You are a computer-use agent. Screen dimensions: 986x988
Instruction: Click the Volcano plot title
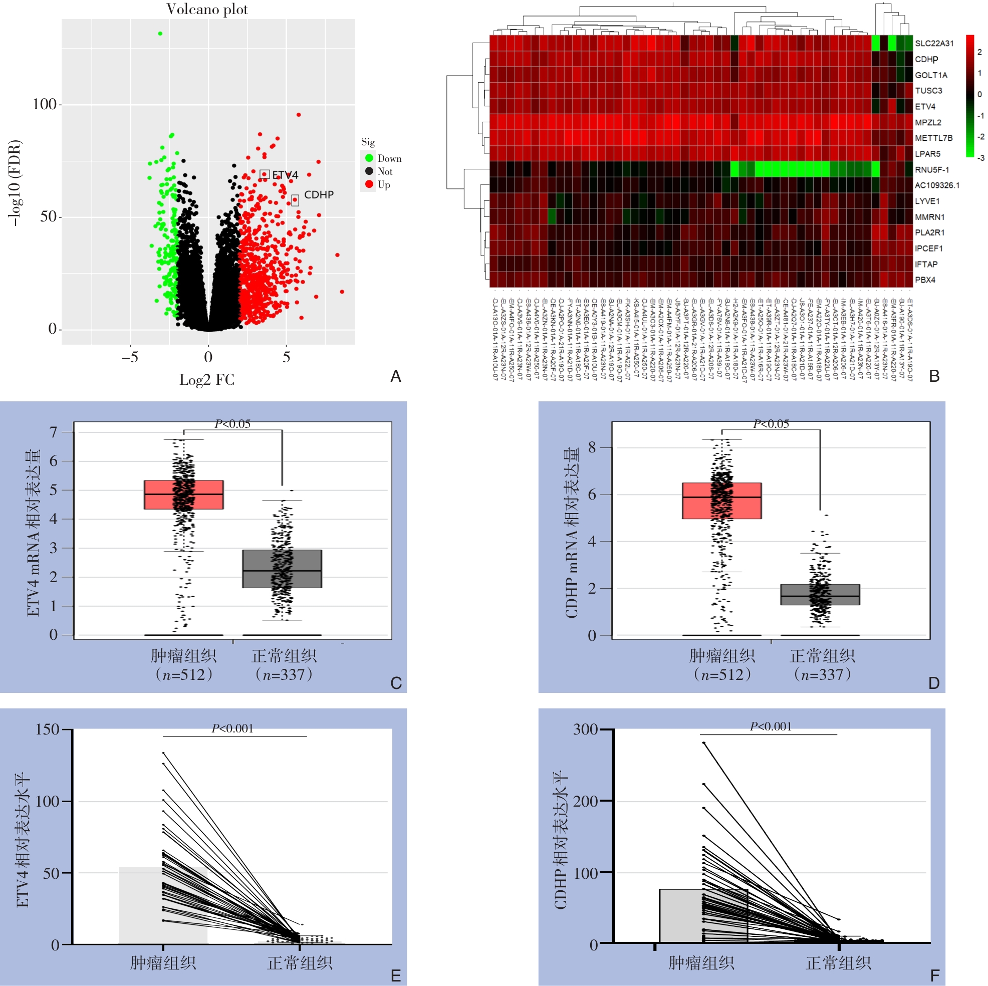[x=206, y=9]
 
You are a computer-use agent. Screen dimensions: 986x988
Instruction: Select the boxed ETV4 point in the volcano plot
[x=265, y=174]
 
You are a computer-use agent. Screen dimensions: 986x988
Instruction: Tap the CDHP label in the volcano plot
[x=319, y=195]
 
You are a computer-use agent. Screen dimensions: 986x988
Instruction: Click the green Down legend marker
[x=369, y=158]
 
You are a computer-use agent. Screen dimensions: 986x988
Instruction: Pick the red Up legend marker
[x=369, y=184]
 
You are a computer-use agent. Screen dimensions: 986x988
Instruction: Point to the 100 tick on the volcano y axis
[x=45, y=104]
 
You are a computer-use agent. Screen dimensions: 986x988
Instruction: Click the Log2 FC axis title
[x=206, y=379]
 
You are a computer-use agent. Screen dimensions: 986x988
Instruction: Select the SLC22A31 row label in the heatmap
[x=934, y=44]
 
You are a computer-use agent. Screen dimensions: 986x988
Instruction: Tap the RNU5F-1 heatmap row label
[x=932, y=170]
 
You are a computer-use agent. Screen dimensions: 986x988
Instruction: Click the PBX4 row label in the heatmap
[x=925, y=280]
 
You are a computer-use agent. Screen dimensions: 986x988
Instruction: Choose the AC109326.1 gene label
[x=937, y=185]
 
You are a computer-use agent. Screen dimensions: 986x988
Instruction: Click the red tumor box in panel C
[x=183, y=495]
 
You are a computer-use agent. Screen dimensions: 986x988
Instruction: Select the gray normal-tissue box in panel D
[x=820, y=594]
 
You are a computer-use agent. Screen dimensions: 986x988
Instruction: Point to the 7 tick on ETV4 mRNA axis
[x=54, y=432]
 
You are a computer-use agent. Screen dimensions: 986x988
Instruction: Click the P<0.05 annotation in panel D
[x=771, y=424]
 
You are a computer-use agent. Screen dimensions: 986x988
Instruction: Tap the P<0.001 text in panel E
[x=232, y=728]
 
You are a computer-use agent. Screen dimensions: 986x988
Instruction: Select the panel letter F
[x=934, y=976]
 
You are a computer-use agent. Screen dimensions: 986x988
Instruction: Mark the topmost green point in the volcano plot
[x=160, y=34]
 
